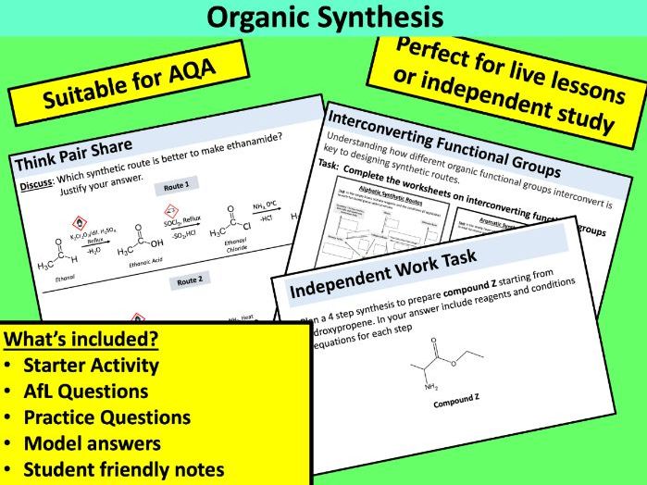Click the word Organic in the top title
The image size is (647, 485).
pos(262,18)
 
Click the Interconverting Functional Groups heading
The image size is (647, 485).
pos(443,144)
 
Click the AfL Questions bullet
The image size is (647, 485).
pos(86,391)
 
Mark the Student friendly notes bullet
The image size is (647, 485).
pos(124,469)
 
